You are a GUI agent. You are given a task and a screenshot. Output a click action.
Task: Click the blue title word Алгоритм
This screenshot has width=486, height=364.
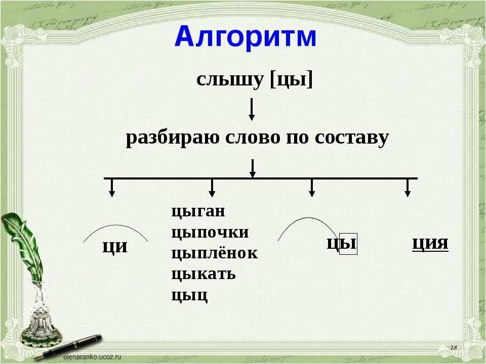245,37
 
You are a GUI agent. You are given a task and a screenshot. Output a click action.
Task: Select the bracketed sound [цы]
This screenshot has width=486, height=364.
292,80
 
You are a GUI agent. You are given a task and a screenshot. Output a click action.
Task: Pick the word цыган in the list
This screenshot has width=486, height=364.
198,211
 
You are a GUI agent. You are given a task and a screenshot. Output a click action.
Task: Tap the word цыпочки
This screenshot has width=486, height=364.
210,233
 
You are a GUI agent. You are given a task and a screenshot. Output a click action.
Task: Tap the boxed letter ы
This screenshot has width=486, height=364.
348,245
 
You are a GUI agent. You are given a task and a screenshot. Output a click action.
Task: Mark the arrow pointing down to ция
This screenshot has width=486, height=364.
407,188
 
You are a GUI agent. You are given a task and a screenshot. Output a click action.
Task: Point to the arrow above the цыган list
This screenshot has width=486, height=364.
212,188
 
